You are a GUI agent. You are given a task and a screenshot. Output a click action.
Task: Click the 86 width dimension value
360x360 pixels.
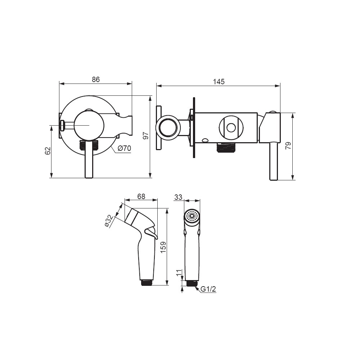pyautogui.click(x=96, y=80)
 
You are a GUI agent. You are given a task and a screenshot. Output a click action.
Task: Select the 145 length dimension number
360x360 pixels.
pyautogui.click(x=219, y=82)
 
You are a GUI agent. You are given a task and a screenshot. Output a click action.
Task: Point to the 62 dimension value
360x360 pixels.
pyautogui.click(x=48, y=151)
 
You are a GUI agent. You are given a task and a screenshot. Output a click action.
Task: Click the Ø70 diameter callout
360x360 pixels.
pyautogui.click(x=124, y=148)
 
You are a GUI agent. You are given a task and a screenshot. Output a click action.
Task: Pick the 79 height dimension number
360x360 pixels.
pyautogui.click(x=288, y=145)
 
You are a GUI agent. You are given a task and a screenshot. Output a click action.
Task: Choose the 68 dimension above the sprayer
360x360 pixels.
pyautogui.click(x=141, y=197)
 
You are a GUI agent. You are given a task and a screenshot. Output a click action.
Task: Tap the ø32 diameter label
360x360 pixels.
pyautogui.click(x=109, y=221)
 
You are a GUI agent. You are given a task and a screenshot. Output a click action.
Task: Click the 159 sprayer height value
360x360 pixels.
pyautogui.click(x=163, y=247)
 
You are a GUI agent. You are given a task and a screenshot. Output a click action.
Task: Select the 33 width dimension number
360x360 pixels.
pyautogui.click(x=178, y=197)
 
